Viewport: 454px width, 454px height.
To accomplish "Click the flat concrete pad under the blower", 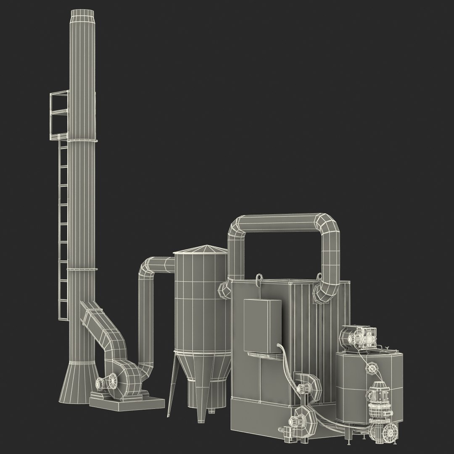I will pos(126,402).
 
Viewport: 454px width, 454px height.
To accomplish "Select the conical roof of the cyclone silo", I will pos(201,250).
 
